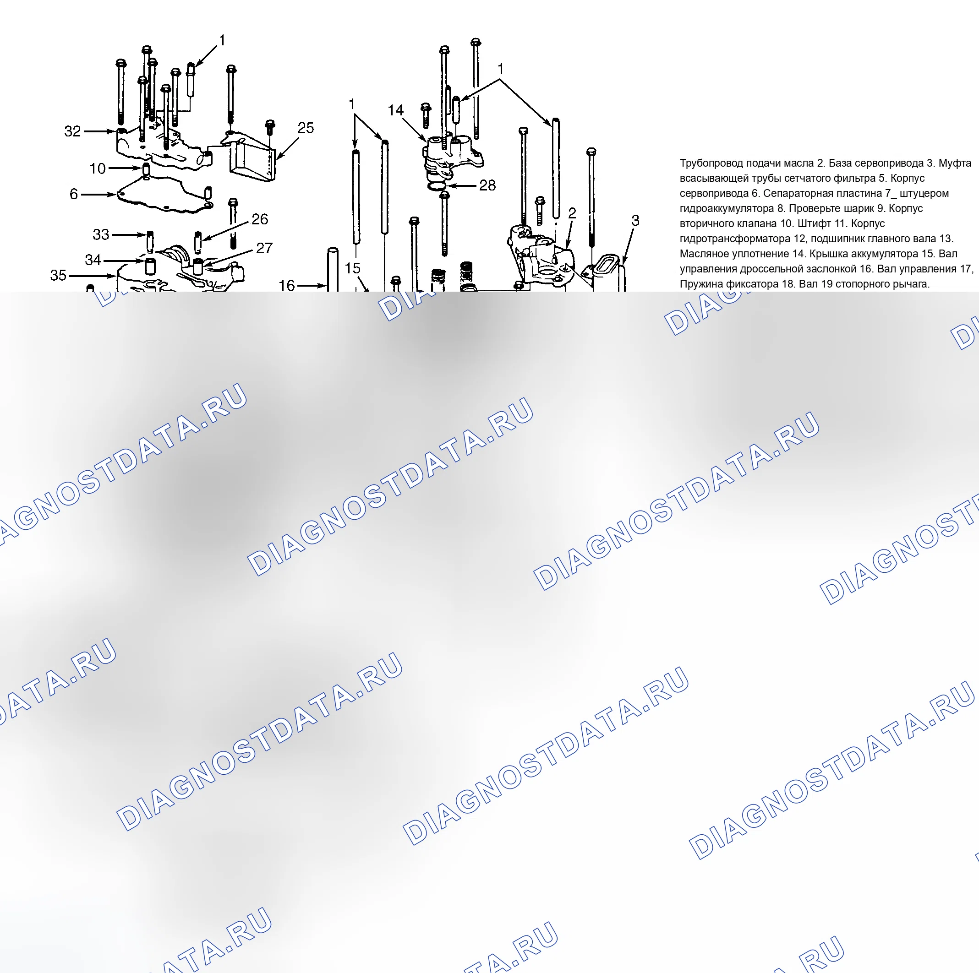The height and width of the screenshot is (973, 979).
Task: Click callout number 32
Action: [x=72, y=131]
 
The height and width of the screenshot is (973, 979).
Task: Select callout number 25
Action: [x=306, y=128]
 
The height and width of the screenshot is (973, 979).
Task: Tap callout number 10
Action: [x=97, y=169]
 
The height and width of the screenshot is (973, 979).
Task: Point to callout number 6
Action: [x=74, y=194]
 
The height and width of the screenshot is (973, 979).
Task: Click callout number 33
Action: [x=101, y=234]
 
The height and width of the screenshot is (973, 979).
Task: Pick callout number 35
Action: [x=58, y=275]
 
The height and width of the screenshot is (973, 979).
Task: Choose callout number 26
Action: [x=260, y=219]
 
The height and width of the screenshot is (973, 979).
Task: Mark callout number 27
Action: [x=264, y=248]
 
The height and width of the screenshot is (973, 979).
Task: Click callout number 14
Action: [x=396, y=110]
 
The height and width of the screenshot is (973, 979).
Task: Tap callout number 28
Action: [x=487, y=185]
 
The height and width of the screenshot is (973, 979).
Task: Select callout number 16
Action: [x=287, y=285]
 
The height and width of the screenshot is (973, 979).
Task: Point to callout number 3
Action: [x=635, y=220]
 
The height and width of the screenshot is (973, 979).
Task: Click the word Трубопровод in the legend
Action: [x=711, y=163]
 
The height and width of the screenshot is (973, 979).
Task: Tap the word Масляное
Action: [x=702, y=254]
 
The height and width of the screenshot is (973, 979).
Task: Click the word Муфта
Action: [x=955, y=163]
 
